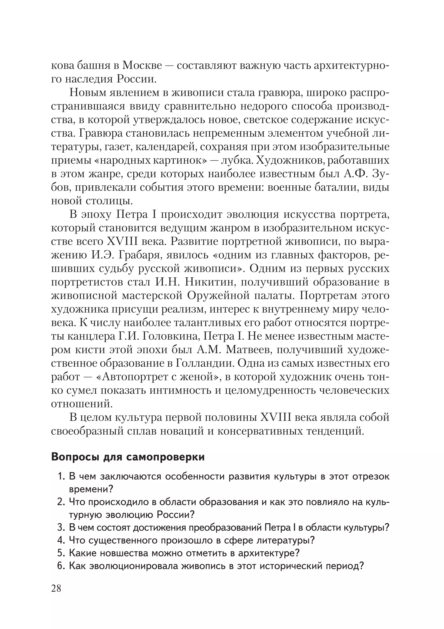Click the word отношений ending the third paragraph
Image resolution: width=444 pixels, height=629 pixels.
(82, 404)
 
